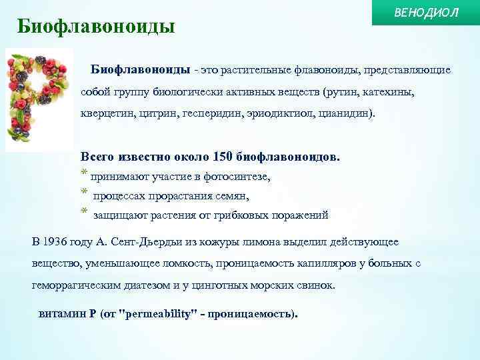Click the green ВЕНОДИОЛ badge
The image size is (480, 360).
[427, 13]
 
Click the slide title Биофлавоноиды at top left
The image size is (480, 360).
[96, 27]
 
